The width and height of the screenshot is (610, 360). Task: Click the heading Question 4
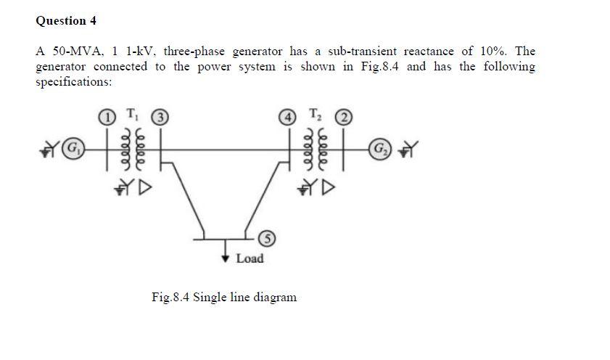(x=66, y=21)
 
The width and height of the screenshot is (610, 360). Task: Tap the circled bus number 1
(x=105, y=115)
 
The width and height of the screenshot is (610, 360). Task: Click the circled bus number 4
(x=289, y=115)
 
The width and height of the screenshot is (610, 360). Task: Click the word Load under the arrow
(x=250, y=258)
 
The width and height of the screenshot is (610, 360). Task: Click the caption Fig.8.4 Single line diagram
(x=224, y=297)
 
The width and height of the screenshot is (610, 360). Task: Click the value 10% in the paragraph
(x=482, y=52)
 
